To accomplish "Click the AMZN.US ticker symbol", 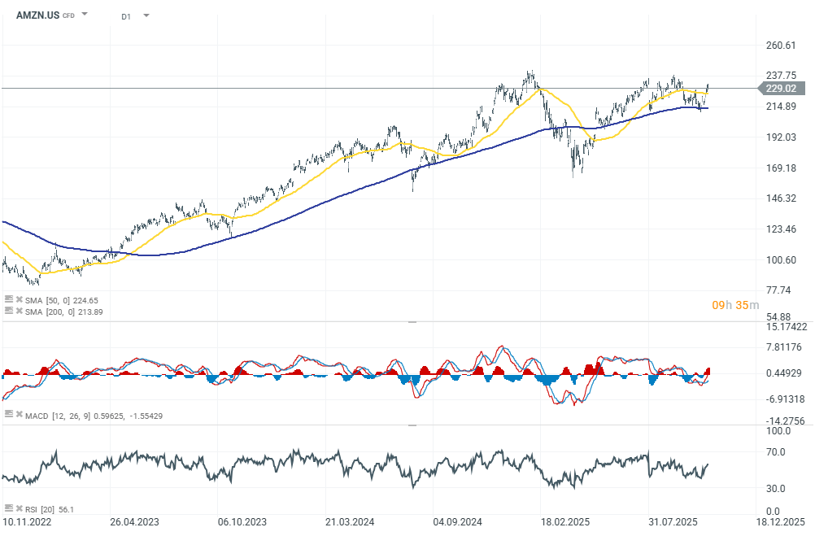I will click(x=37, y=15).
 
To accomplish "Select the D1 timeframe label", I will click(x=126, y=15).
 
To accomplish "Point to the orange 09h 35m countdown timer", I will click(x=735, y=305).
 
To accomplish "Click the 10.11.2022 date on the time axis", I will click(x=27, y=521).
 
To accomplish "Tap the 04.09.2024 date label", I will click(x=459, y=521).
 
